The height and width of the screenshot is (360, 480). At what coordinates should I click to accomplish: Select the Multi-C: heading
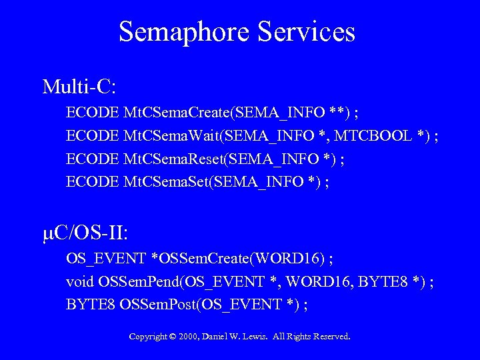pyautogui.click(x=79, y=87)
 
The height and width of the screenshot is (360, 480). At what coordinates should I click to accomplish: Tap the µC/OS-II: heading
pyautogui.click(x=85, y=233)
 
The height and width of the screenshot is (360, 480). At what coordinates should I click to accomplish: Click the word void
pyautogui.click(x=79, y=282)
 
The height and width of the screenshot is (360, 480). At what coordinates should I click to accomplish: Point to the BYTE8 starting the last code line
pyautogui.click(x=91, y=305)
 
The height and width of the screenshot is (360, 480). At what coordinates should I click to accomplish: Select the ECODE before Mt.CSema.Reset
pyautogui.click(x=93, y=159)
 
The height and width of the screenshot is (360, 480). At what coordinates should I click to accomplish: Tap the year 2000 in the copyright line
pyautogui.click(x=190, y=337)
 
